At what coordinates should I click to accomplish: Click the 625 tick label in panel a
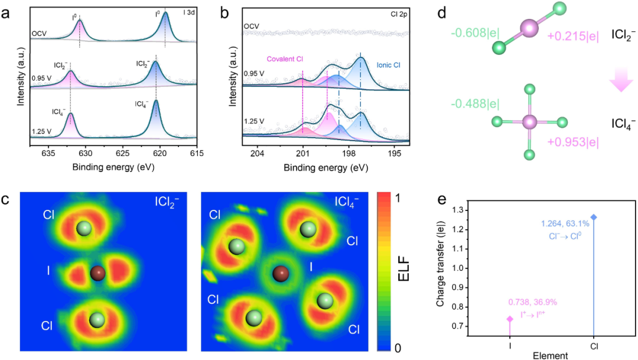click(122, 154)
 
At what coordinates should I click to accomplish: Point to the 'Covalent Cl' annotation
click(285, 59)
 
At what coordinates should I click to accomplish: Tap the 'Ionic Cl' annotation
click(389, 65)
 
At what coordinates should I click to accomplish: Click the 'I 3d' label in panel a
click(188, 12)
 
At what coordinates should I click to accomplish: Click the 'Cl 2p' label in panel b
click(399, 14)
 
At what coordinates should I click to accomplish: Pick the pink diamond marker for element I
click(510, 319)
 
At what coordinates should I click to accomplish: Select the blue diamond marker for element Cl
click(594, 217)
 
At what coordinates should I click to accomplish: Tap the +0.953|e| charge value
click(573, 142)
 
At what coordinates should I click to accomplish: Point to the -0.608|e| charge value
click(475, 33)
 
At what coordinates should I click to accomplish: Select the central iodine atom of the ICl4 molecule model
click(529, 122)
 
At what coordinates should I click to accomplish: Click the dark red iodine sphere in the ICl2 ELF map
click(97, 273)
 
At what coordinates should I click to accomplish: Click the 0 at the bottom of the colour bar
click(398, 348)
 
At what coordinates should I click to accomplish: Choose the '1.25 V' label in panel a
click(41, 131)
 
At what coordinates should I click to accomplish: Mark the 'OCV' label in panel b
click(251, 27)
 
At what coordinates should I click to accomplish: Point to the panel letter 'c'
click(5, 200)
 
